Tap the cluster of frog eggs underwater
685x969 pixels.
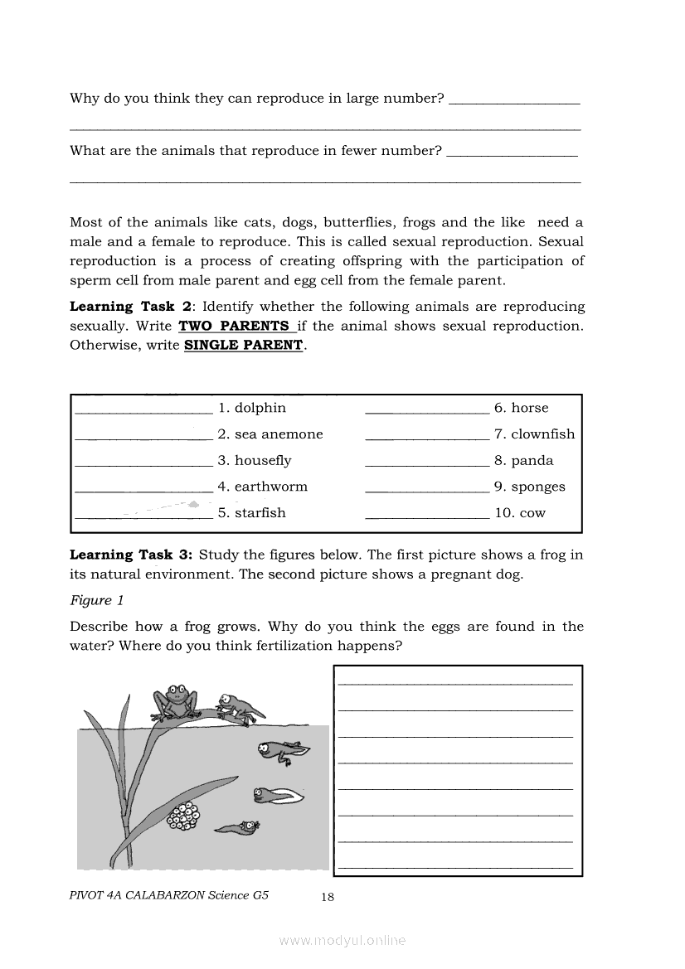[x=184, y=816]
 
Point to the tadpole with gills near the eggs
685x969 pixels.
[x=238, y=826]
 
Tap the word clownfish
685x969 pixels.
[x=542, y=434]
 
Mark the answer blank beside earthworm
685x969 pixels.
[x=143, y=490]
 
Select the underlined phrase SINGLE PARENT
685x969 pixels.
[x=244, y=346]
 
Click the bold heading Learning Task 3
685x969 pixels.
[x=131, y=555]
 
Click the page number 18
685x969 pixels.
[x=328, y=896]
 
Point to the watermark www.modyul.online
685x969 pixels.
[x=342, y=941]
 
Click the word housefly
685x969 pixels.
[x=263, y=461]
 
